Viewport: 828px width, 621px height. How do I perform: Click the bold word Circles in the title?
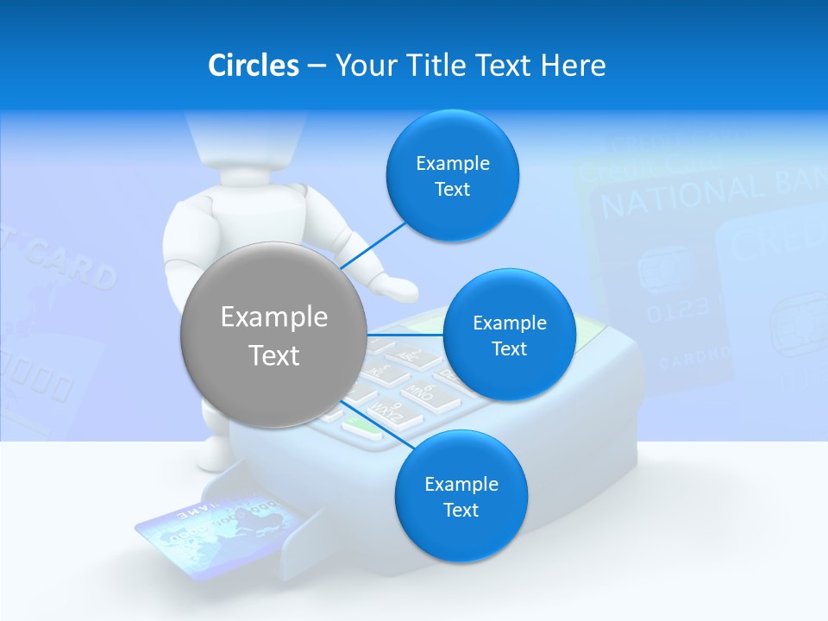point(253,65)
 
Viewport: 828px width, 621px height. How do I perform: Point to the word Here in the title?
point(573,65)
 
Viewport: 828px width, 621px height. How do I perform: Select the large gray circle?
point(273,335)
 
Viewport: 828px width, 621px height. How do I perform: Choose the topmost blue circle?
point(452,175)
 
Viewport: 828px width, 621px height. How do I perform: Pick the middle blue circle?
point(509,335)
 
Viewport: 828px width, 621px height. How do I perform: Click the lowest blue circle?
point(461,496)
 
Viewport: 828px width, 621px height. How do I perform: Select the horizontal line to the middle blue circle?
point(405,335)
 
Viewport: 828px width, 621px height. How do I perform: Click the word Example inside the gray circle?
point(273,317)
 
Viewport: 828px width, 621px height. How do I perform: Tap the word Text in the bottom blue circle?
point(461,510)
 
